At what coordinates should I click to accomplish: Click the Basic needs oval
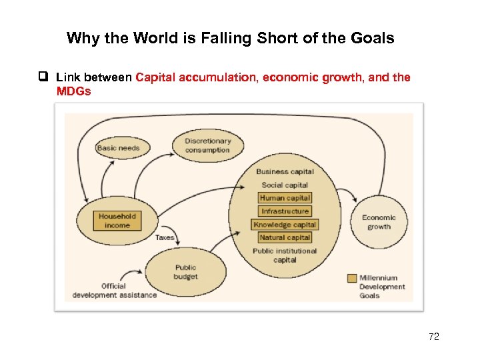(119, 147)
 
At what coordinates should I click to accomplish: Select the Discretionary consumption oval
(207, 145)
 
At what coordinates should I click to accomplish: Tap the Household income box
(117, 221)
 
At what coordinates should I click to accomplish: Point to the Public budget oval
(185, 272)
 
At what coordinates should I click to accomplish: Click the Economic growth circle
(379, 222)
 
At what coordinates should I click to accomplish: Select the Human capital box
(285, 198)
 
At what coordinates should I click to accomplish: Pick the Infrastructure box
(285, 211)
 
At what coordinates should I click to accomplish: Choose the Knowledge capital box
(285, 225)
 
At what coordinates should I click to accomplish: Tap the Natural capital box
(285, 237)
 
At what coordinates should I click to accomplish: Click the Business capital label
(285, 172)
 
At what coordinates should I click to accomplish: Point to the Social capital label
(285, 185)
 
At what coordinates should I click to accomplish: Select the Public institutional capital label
(285, 255)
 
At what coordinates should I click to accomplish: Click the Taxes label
(165, 237)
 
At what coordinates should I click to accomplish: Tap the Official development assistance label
(114, 291)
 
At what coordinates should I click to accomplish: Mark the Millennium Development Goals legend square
(352, 278)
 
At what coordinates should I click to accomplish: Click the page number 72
(434, 337)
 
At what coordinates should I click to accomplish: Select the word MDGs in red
(73, 91)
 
